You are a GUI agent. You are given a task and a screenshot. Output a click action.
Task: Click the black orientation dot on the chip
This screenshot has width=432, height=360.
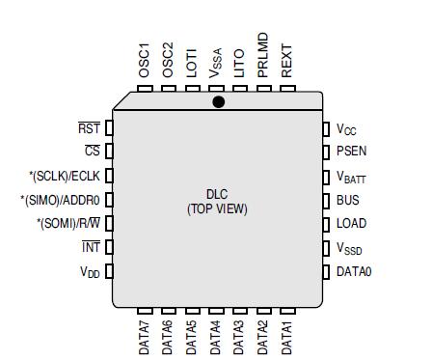tap(219, 101)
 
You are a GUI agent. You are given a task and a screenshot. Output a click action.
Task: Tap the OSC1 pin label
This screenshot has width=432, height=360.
tap(145, 60)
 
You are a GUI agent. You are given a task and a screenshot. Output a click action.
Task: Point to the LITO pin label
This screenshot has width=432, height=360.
tap(239, 64)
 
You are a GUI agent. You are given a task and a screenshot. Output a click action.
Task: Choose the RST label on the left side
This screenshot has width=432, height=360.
tap(90, 127)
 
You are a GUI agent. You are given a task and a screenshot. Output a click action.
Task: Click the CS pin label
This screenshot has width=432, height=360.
tap(93, 152)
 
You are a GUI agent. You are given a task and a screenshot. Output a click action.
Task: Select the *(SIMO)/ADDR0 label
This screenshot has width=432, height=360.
tap(65, 200)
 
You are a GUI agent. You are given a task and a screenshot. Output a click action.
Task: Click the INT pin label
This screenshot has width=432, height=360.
tap(91, 248)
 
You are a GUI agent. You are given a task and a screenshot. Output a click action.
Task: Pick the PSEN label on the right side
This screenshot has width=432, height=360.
tap(351, 152)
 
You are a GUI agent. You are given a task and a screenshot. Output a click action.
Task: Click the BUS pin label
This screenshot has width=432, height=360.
tap(347, 200)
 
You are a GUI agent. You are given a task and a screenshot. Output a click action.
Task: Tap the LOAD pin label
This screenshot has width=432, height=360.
tap(351, 224)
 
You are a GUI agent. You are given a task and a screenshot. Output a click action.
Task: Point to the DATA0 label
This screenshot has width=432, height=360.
tap(354, 272)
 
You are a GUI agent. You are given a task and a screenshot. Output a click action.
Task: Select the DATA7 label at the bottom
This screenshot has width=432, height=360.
tap(145, 336)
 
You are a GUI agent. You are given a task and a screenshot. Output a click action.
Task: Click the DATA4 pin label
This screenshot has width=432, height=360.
tap(215, 336)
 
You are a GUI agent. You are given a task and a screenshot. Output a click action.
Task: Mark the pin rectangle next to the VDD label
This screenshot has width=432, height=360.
tap(109, 272)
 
